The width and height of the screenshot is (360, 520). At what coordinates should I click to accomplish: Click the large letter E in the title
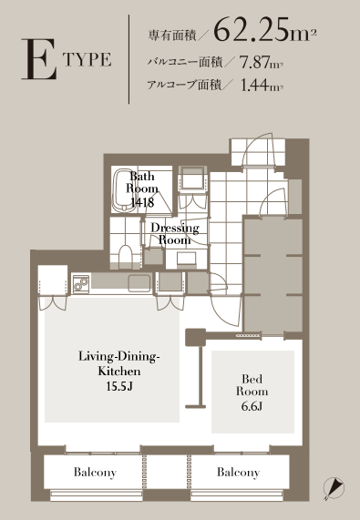(x=39, y=59)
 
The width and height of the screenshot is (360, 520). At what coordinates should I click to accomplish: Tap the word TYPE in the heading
(x=87, y=59)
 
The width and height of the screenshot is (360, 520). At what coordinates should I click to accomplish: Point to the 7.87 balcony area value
(x=254, y=62)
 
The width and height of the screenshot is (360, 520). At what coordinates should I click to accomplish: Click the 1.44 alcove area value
(x=254, y=85)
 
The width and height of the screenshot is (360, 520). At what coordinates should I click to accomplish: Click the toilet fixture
(x=125, y=255)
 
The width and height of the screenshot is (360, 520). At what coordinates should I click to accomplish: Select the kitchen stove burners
(x=81, y=284)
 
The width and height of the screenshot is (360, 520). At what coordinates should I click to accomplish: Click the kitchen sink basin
(x=139, y=283)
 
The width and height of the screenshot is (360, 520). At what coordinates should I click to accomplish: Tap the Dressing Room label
(x=175, y=234)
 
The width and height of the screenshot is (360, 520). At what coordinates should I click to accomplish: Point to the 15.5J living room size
(x=119, y=386)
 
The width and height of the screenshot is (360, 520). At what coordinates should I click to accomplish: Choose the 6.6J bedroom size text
(x=252, y=406)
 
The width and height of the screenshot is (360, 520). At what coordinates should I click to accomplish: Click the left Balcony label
(x=95, y=473)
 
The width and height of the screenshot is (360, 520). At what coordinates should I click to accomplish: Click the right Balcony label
(x=238, y=473)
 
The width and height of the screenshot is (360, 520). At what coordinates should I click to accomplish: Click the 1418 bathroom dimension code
(x=142, y=202)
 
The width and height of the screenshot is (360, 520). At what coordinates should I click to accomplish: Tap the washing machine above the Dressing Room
(x=193, y=179)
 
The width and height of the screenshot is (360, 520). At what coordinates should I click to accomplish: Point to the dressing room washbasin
(x=186, y=259)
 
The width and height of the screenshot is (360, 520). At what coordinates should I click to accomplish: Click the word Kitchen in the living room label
(x=119, y=371)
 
